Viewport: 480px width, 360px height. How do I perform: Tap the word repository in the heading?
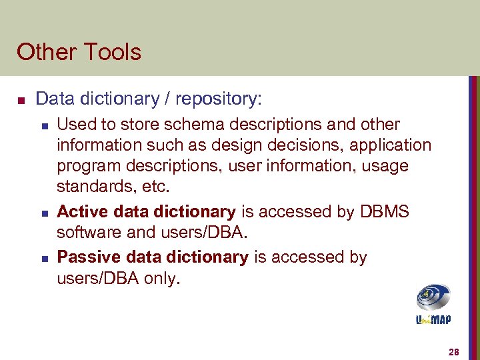coord(217,100)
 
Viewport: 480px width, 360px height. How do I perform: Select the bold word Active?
coord(80,212)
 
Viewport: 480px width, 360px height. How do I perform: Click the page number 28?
coord(454,352)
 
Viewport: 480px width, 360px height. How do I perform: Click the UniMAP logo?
coord(433,304)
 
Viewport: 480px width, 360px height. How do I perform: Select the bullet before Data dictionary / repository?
coord(20,101)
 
